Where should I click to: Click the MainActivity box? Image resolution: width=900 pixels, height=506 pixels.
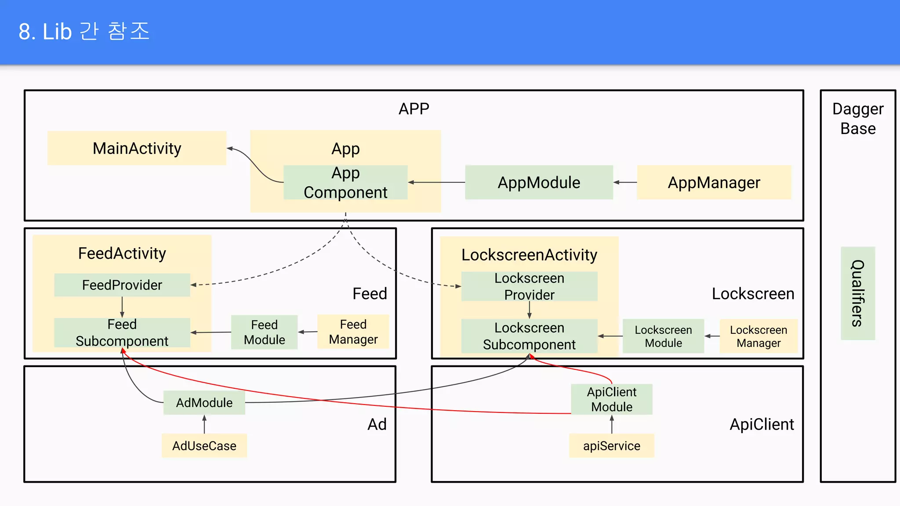[x=137, y=148]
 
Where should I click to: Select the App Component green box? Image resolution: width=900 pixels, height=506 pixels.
[x=345, y=183]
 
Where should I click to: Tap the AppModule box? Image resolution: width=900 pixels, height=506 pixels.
[x=539, y=183]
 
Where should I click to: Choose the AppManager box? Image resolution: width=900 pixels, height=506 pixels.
[x=714, y=183]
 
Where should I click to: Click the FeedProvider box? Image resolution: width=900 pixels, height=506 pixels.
[x=122, y=285]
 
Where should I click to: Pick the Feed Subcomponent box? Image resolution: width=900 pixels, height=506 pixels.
[x=122, y=333]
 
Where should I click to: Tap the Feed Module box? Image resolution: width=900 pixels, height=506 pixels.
[x=264, y=332]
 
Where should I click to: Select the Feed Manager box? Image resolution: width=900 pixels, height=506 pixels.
[x=353, y=332]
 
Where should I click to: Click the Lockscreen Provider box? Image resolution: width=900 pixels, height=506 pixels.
[x=529, y=286]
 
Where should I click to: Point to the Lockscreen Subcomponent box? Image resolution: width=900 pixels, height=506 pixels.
[x=529, y=336]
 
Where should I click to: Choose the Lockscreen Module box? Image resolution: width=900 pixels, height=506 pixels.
[x=663, y=336]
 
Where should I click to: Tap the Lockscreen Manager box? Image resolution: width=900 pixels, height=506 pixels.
[x=758, y=336]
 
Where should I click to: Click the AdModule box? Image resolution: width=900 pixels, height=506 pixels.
[x=204, y=403]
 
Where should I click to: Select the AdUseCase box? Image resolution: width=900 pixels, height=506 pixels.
[x=204, y=446]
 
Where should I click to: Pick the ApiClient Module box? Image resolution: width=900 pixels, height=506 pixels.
[x=611, y=399]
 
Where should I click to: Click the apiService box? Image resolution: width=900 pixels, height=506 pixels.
[x=611, y=446]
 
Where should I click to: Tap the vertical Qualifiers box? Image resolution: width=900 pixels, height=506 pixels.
[x=858, y=293]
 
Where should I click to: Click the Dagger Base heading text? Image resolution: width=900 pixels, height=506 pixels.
[x=858, y=119]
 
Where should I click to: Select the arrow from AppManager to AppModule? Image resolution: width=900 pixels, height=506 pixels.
[x=625, y=182]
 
